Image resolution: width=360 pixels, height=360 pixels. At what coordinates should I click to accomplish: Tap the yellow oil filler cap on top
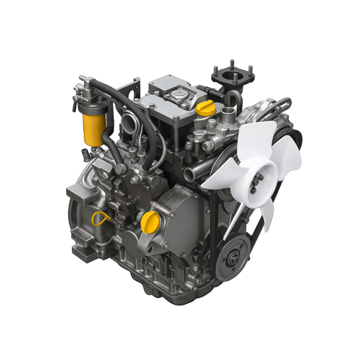tap(205, 109)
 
